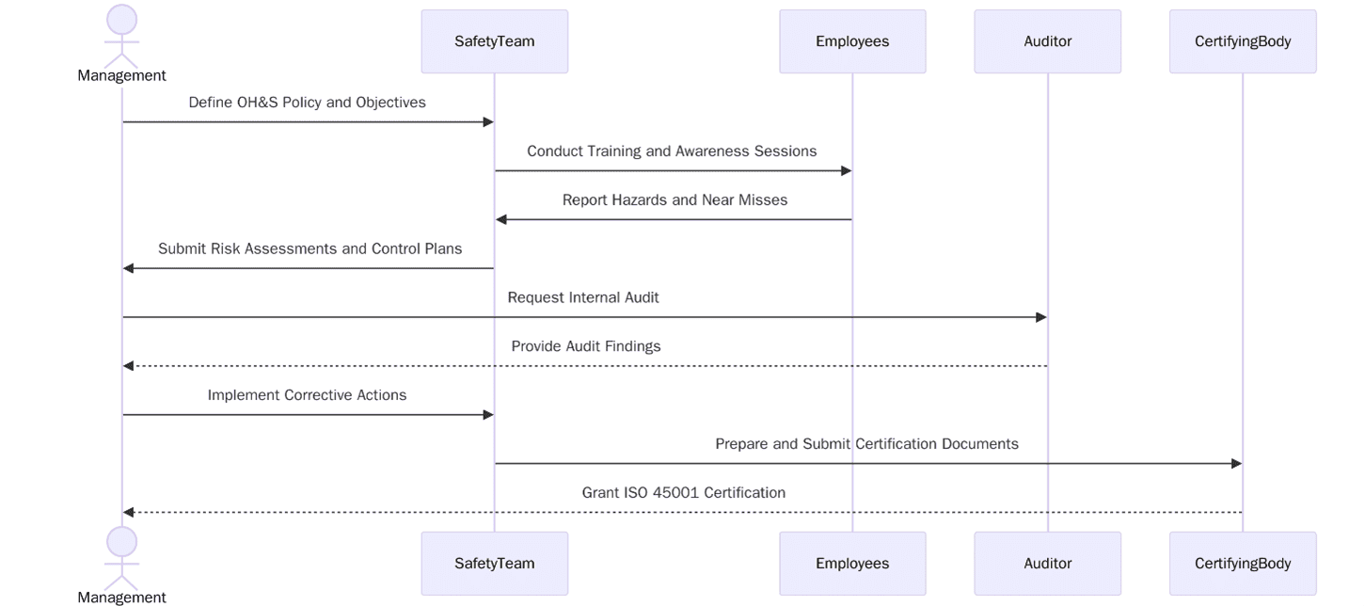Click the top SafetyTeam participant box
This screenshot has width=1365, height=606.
point(494,41)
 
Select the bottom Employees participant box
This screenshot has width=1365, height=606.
point(852,564)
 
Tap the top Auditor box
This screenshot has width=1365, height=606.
point(1047,41)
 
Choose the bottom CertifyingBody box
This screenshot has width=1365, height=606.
point(1242,564)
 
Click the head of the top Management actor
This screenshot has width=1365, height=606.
point(121,20)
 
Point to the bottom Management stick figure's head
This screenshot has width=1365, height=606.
point(121,542)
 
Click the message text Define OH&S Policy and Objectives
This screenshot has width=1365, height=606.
point(307,103)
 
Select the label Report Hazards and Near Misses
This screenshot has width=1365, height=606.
point(675,200)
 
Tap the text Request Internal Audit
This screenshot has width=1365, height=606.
point(583,297)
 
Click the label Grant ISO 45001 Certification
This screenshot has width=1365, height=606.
point(683,493)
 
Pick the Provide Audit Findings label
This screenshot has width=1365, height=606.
point(586,346)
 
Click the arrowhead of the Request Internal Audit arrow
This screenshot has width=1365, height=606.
point(1041,317)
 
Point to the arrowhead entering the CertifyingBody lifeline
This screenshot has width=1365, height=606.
point(1236,464)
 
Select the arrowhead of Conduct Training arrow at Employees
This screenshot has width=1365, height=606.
point(846,171)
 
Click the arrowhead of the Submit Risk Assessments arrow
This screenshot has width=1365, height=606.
point(129,269)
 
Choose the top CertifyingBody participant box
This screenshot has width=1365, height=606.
point(1242,41)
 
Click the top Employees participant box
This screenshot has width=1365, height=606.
point(852,41)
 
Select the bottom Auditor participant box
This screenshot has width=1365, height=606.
point(1047,564)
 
